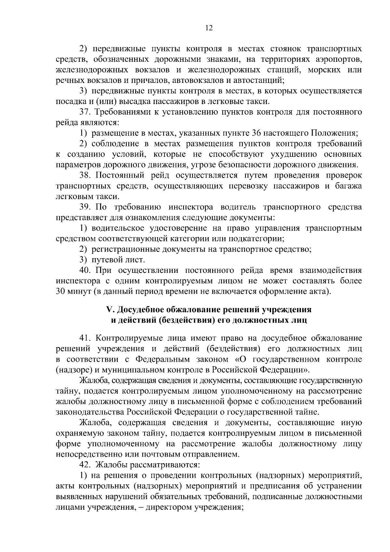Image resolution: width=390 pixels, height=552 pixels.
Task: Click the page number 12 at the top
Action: [x=209, y=28]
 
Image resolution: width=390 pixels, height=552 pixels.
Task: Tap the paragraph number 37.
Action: [x=86, y=112]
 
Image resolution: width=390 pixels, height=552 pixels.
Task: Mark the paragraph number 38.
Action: [x=86, y=175]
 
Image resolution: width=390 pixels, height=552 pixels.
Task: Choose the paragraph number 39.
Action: [x=86, y=207]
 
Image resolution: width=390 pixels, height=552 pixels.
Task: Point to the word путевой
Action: [x=105, y=260]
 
